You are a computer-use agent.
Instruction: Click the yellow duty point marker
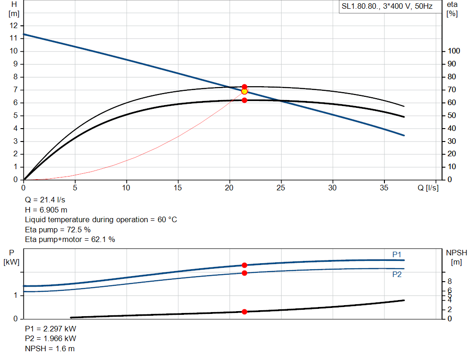coord(244,91)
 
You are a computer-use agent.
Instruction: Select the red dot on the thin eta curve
coord(244,87)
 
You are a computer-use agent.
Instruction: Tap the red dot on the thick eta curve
coord(244,100)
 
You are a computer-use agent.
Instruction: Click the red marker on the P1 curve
coord(244,265)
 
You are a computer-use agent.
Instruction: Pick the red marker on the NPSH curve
coord(244,312)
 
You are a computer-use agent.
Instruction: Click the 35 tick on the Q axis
coord(384,188)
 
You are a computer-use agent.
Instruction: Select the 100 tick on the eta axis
coord(453,51)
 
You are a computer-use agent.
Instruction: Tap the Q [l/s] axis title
coord(428,188)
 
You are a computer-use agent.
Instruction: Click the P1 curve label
coord(397,254)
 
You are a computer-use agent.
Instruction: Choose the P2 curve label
coord(397,274)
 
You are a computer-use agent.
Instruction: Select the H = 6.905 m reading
coord(46,210)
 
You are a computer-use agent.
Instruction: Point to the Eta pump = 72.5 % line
coord(58,230)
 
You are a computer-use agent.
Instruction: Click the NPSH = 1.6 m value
coord(49,348)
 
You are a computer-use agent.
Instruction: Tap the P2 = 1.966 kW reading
coord(50,339)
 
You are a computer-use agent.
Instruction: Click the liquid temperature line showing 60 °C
coord(100,219)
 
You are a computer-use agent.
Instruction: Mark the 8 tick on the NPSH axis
coord(449,281)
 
